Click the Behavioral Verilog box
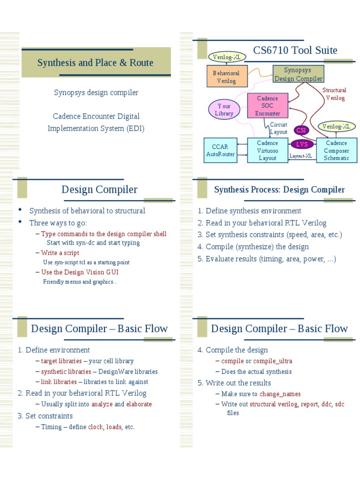coord(226,77)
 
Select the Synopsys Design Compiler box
coord(298,75)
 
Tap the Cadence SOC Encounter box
coord(267,106)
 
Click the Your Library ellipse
coord(224,110)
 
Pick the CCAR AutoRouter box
coord(220,150)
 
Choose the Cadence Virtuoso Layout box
coord(267,150)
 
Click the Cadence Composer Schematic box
coord(337,150)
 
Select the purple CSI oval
coord(300,130)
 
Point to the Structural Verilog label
coord(335,94)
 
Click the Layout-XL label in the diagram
coord(300,156)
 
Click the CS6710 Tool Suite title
coord(295,50)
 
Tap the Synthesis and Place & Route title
coord(95,62)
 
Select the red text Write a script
coord(60,253)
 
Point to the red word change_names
coord(280,394)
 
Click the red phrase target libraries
coord(61,361)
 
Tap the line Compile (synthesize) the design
coord(253,247)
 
